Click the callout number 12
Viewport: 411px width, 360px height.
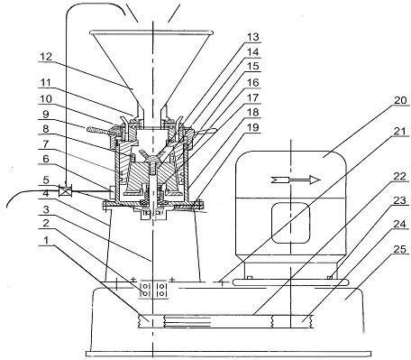tap(46, 57)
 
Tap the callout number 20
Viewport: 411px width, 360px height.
tap(400, 100)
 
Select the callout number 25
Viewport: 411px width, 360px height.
tap(400, 249)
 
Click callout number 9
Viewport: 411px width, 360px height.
tap(46, 115)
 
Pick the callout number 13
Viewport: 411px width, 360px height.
tap(253, 37)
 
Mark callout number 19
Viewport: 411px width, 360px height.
tap(253, 127)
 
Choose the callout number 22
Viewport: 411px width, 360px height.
tap(400, 177)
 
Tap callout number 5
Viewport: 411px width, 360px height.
tap(46, 180)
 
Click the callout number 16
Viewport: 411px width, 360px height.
tap(253, 82)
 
